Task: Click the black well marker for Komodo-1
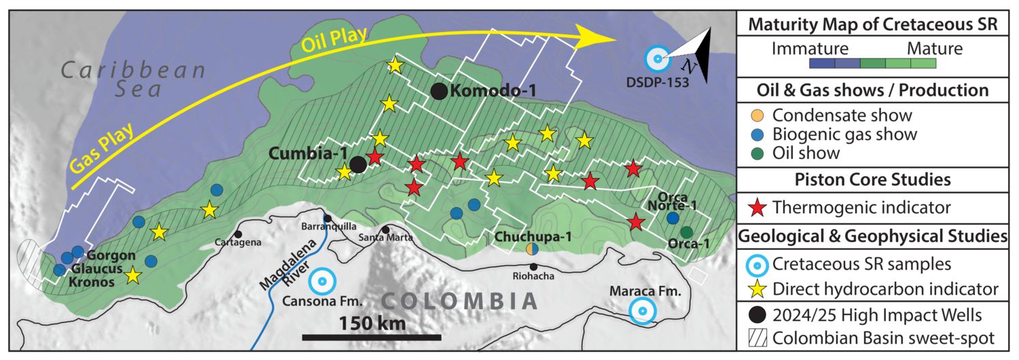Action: click(x=439, y=91)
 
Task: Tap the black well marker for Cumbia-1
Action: click(x=358, y=164)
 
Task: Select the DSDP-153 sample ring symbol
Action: click(x=656, y=58)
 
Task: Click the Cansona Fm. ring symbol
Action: click(x=322, y=281)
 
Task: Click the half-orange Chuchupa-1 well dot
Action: click(x=533, y=249)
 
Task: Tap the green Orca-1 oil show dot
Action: click(x=687, y=232)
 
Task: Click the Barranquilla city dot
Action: click(x=327, y=219)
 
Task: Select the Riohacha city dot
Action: click(x=535, y=266)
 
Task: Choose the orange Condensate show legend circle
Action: click(x=759, y=115)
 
